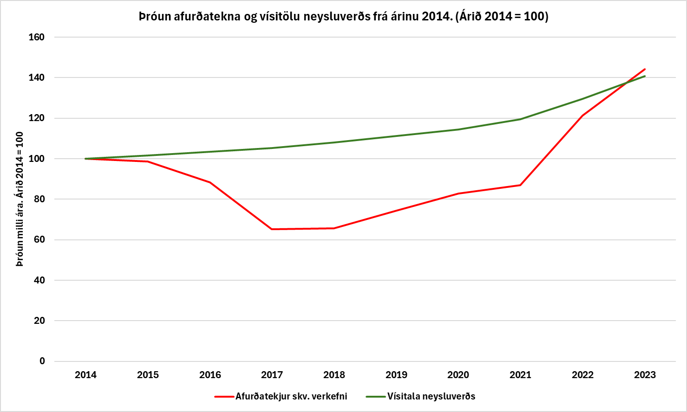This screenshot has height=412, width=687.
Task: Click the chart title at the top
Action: pos(343,17)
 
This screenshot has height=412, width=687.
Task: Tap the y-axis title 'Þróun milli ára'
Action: pos(20,199)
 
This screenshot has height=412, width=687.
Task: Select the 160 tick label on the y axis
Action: pos(37,37)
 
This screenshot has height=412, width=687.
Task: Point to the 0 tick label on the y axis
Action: pos(42,361)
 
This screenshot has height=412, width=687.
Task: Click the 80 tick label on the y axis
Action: pos(39,199)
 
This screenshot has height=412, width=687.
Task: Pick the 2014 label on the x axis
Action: pos(85,375)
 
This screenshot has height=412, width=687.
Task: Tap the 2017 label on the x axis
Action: pos(272,375)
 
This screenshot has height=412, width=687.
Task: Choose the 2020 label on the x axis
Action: pos(458,375)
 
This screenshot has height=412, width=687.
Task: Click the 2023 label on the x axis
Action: pos(645,375)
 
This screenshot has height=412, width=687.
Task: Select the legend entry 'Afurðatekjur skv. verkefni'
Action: pos(291,397)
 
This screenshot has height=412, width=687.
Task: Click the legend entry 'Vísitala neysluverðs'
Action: pos(431,397)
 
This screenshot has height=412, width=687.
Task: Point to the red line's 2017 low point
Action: pos(272,229)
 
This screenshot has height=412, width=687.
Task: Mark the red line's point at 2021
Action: pos(520,185)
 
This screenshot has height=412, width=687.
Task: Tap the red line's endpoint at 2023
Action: pos(645,69)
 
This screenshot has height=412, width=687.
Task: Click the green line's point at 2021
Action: pos(520,119)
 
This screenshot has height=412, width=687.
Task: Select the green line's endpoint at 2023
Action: pos(645,76)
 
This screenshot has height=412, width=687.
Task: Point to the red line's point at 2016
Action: pos(210,182)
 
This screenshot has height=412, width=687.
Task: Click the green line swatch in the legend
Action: pos(376,397)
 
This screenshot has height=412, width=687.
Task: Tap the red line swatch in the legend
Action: pos(224,397)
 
